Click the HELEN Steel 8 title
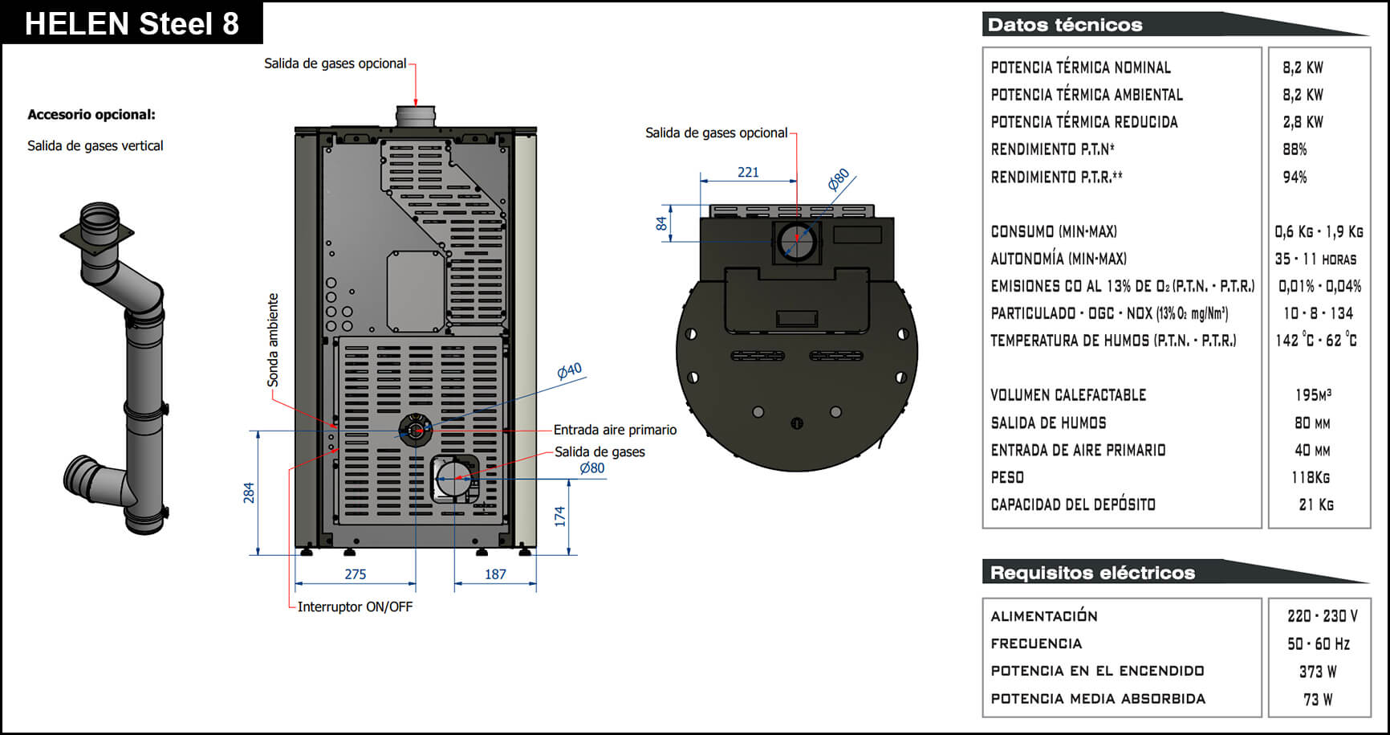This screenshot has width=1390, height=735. (132, 23)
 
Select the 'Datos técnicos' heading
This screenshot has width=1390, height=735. (1064, 25)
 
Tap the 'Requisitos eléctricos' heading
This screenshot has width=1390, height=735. (1092, 573)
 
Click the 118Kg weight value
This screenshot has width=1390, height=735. (1310, 477)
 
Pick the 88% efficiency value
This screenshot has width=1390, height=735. (1294, 149)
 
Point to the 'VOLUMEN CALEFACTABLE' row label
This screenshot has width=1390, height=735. (1068, 395)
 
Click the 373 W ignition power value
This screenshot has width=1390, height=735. (1318, 672)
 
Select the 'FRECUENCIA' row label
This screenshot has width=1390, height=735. (1036, 643)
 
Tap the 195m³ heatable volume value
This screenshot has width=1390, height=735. (1313, 395)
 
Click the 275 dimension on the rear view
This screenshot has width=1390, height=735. (355, 574)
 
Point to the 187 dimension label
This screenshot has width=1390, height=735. (495, 574)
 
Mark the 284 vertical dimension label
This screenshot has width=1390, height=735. (249, 492)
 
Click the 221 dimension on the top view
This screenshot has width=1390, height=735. (748, 172)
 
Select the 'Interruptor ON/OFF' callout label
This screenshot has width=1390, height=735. (355, 606)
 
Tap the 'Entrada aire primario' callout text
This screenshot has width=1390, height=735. (615, 430)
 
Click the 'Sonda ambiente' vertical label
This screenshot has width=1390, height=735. (273, 340)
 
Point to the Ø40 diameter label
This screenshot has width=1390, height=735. (569, 370)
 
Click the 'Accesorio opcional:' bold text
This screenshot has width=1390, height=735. (91, 115)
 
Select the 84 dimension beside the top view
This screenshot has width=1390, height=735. (661, 223)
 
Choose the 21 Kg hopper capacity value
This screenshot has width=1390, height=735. (1316, 504)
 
